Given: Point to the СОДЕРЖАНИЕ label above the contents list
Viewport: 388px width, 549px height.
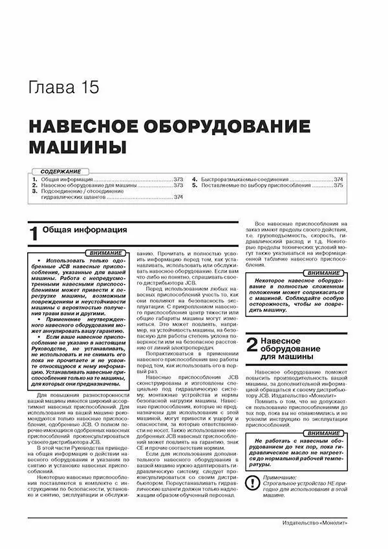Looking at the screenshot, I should [57, 171].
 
